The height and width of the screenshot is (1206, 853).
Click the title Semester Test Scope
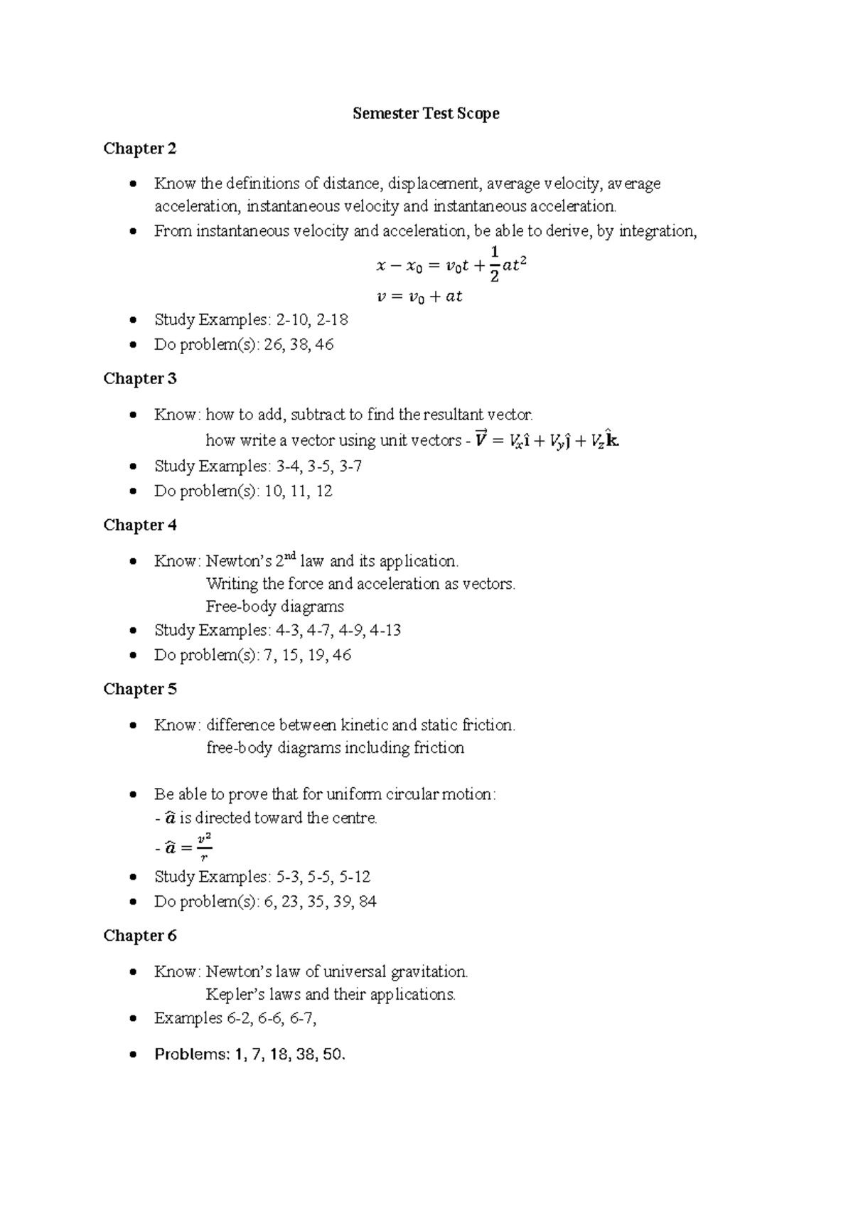click(426, 114)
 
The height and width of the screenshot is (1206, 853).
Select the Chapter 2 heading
click(140, 149)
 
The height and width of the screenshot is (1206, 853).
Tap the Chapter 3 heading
click(140, 379)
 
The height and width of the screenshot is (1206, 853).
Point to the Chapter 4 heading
click(140, 525)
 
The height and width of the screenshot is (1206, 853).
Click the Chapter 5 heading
click(140, 689)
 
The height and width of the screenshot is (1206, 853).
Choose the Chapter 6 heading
click(140, 936)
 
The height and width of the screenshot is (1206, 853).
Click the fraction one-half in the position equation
click(495, 264)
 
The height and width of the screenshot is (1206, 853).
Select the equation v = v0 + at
click(419, 297)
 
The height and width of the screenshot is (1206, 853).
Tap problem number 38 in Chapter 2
click(294, 345)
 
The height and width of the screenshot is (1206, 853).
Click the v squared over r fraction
click(204, 846)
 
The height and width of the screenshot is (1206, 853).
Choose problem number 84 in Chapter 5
click(368, 902)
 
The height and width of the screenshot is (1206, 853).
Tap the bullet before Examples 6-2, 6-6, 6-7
click(133, 1019)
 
